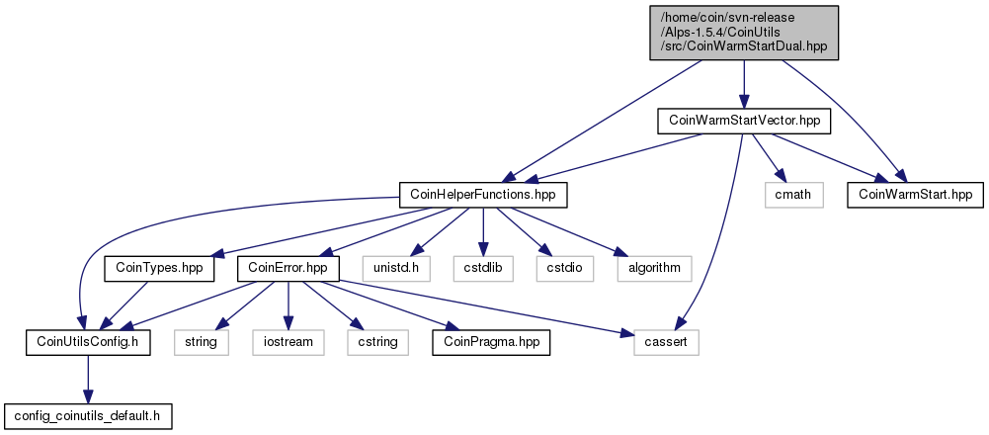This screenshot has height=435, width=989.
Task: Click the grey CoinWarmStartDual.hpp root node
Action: [x=744, y=33]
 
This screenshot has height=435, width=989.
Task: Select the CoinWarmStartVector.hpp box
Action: [x=744, y=121]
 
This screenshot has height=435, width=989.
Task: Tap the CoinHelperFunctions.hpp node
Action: [x=483, y=195]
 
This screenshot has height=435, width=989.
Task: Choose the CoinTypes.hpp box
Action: [x=159, y=268]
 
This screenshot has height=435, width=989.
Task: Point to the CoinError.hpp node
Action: [x=288, y=268]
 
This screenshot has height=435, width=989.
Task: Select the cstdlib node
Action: [x=483, y=268]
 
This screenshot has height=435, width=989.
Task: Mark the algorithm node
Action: [x=654, y=268]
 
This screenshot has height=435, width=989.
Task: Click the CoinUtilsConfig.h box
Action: [x=88, y=342]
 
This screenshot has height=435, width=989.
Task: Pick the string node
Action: [x=202, y=342]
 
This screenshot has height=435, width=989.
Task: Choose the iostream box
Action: [x=288, y=342]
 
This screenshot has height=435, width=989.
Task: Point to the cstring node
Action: [x=377, y=342]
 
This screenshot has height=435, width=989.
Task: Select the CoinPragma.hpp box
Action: [x=491, y=342]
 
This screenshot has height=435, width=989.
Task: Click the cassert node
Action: [x=667, y=342]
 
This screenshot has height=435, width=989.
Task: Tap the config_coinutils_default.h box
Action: [x=88, y=416]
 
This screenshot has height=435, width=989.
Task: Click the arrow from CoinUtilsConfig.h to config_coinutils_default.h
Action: [x=88, y=379]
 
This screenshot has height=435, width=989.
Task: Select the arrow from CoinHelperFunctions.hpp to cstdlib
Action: [x=483, y=231]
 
